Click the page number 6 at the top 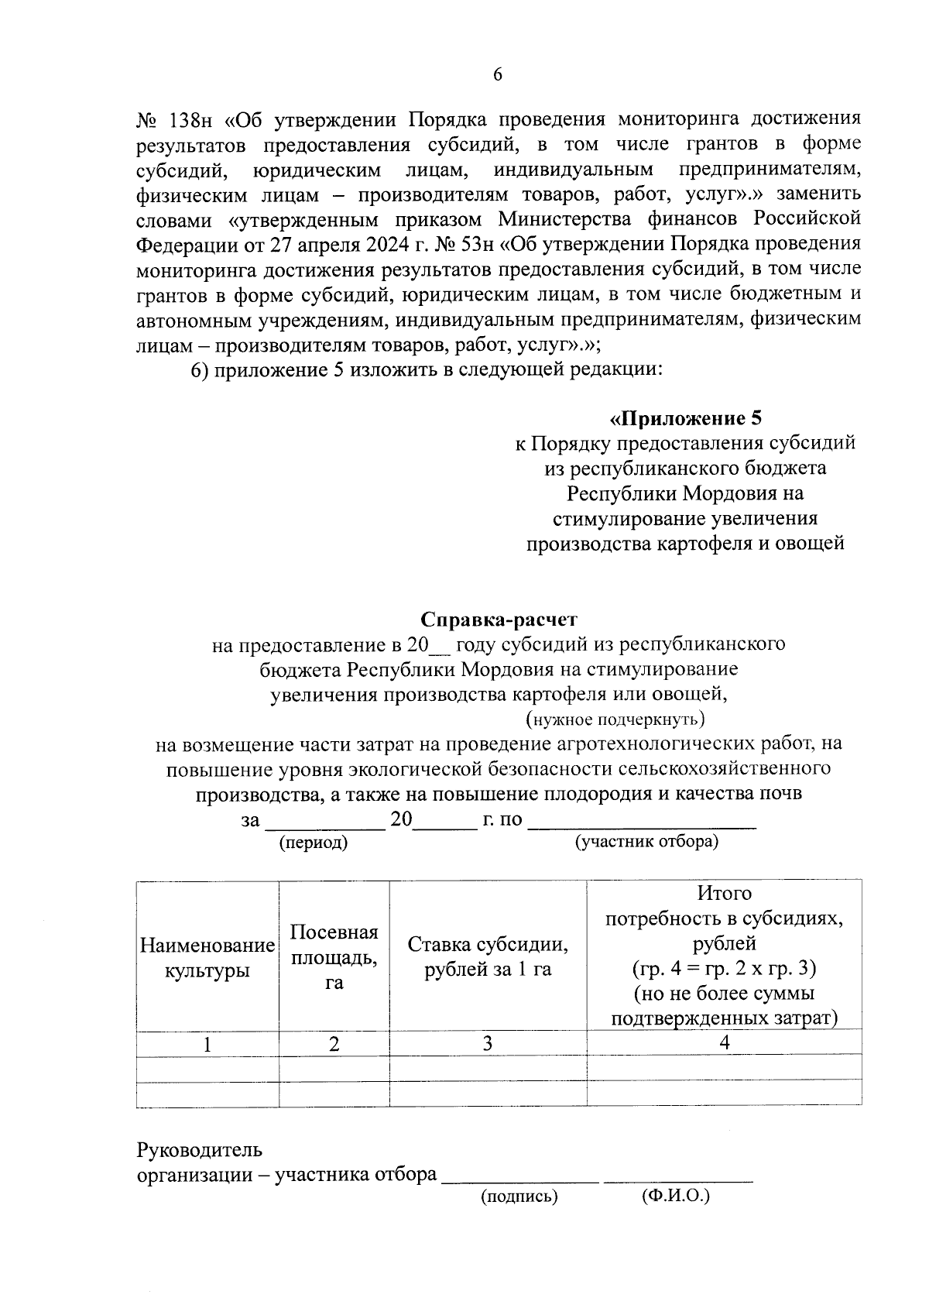pyautogui.click(x=498, y=74)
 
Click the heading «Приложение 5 pyautogui.click(x=685, y=419)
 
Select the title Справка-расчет pyautogui.click(x=499, y=620)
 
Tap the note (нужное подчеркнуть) pyautogui.click(x=615, y=719)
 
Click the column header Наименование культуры pyautogui.click(x=207, y=957)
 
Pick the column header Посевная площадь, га pyautogui.click(x=334, y=957)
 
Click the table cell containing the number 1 pyautogui.click(x=207, y=1045)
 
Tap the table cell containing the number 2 pyautogui.click(x=334, y=1045)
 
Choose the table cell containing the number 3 pyautogui.click(x=488, y=1044)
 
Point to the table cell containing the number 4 pyautogui.click(x=725, y=1042)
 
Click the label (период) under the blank pyautogui.click(x=314, y=843)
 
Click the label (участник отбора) pyautogui.click(x=646, y=841)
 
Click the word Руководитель pyautogui.click(x=199, y=1150)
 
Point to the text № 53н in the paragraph pyautogui.click(x=456, y=245)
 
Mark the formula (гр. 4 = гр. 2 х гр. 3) pyautogui.click(x=725, y=969)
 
